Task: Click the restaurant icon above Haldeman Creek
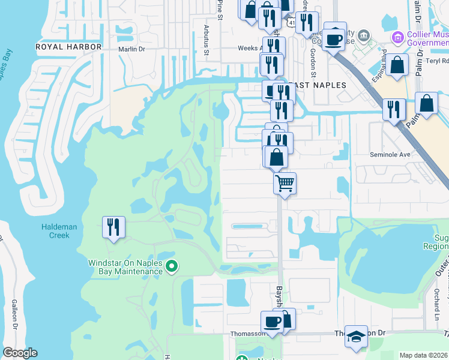[113, 227]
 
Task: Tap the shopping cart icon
[285, 182]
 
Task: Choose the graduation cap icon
[356, 337]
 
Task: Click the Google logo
[20, 353]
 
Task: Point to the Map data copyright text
[424, 355]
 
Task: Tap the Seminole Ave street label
[393, 154]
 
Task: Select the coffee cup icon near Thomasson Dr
[273, 322]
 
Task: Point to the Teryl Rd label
[438, 61]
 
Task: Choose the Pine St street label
[220, 8]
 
